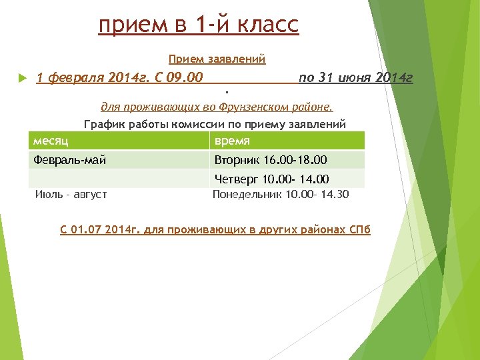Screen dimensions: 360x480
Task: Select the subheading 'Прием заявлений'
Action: click(217, 59)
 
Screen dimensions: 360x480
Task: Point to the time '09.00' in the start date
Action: click(187, 78)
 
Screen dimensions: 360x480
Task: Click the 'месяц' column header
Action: click(51, 141)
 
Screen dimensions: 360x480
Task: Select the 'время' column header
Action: click(231, 141)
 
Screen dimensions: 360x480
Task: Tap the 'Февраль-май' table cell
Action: click(69, 160)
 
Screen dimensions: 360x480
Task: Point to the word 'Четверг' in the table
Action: click(236, 179)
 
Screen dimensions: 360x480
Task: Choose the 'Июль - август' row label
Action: click(71, 195)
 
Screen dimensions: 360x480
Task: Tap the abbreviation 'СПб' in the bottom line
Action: click(359, 229)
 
